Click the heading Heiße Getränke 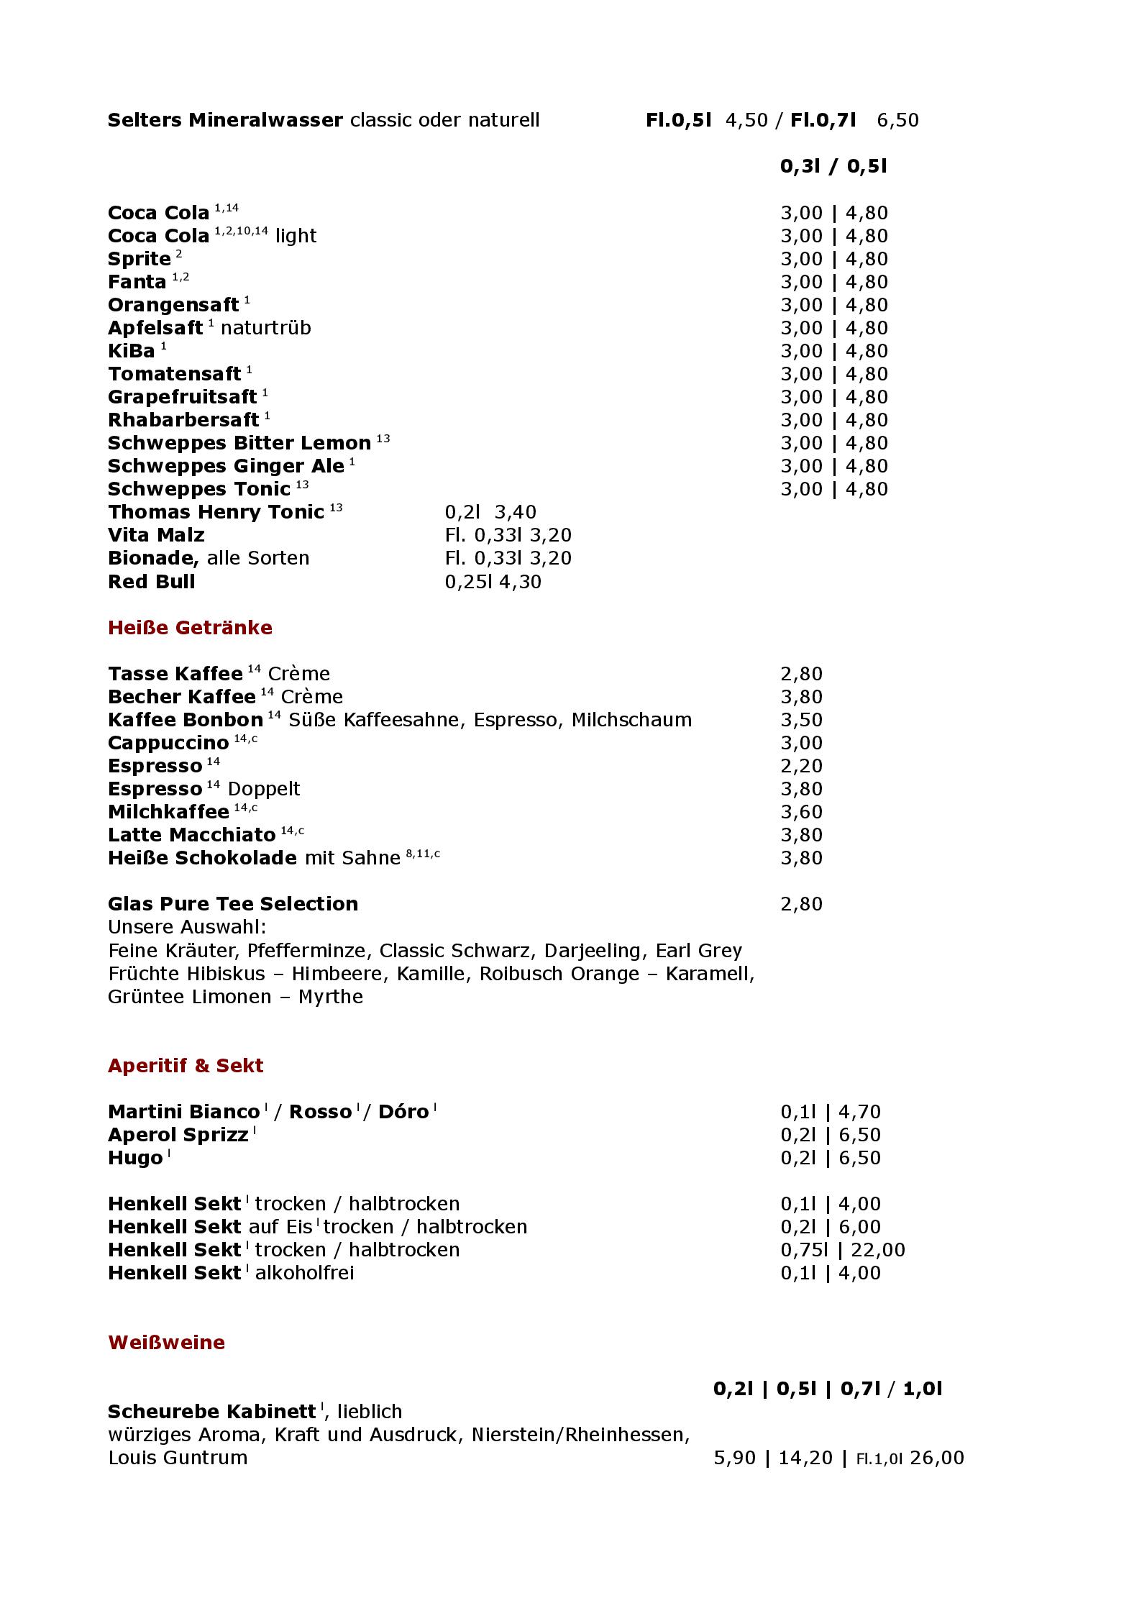[x=190, y=628]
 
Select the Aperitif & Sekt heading [x=186, y=1065]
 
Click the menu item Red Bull [x=151, y=581]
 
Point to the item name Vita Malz [x=156, y=535]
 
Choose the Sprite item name [x=140, y=259]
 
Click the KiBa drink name [x=132, y=351]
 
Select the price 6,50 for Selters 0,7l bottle [x=897, y=120]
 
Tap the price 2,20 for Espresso [x=801, y=766]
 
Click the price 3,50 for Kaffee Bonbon [x=801, y=720]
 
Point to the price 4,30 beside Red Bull [x=520, y=581]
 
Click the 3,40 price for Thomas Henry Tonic [x=515, y=512]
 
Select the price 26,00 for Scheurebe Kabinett [x=936, y=1458]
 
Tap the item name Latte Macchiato [x=191, y=835]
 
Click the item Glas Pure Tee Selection [x=233, y=904]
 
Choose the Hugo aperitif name [x=135, y=1158]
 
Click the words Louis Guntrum [x=178, y=1458]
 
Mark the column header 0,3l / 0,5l [x=833, y=166]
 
